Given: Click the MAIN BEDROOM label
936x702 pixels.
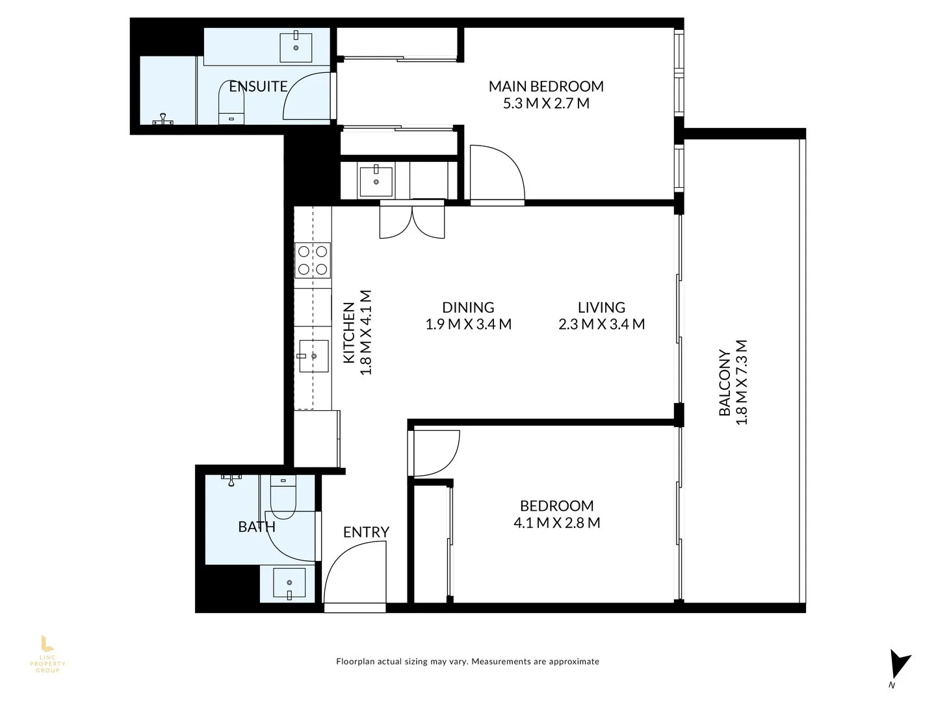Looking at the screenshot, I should tap(546, 86).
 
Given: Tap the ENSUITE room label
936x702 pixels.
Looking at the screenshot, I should tap(258, 86).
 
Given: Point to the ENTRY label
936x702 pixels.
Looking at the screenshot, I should tap(366, 532).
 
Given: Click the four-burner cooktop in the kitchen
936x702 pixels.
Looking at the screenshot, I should tap(313, 260).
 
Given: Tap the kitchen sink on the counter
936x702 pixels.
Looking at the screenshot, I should tap(313, 356).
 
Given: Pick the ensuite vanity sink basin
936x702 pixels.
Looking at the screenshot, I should tap(297, 45).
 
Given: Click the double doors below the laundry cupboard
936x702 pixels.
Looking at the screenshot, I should tap(412, 220).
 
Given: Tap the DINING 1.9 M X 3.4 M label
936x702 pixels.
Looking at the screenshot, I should tap(468, 315).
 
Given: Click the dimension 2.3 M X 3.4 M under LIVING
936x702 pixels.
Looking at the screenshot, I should tap(601, 324).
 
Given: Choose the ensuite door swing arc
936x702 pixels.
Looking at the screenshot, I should tap(309, 96).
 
